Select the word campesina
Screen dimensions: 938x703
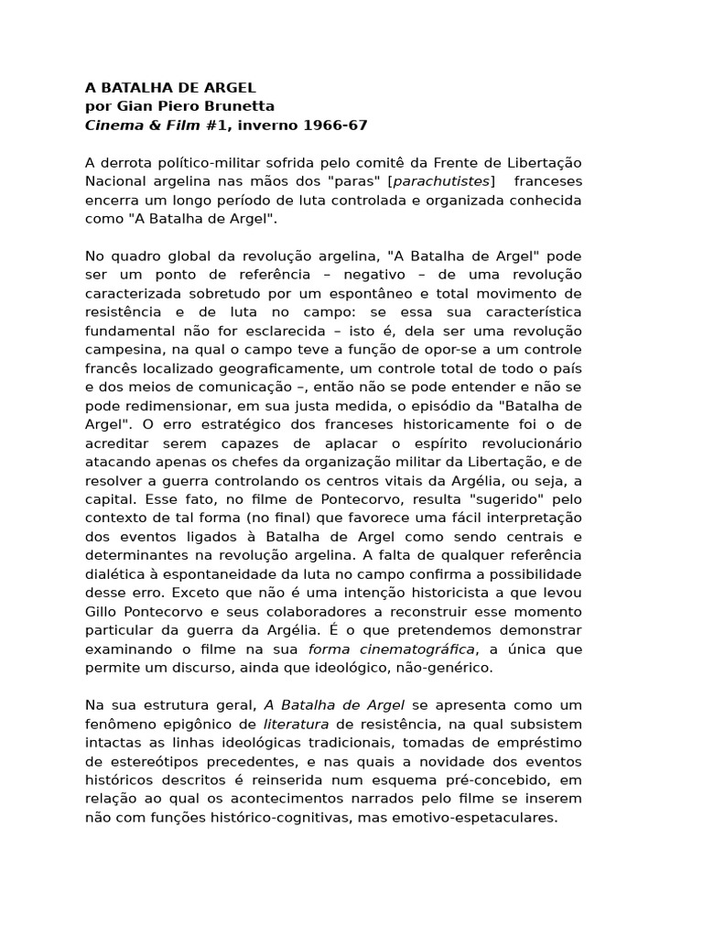[123, 349]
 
